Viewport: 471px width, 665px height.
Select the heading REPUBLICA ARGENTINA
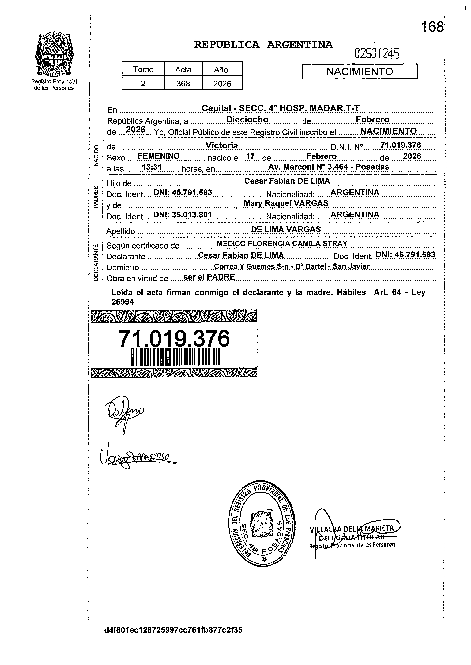(x=263, y=45)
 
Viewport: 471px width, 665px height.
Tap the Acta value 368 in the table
(x=183, y=84)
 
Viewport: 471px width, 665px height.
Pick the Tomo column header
(x=143, y=70)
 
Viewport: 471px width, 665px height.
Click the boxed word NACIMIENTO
(x=360, y=72)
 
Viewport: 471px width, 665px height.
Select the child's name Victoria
(x=222, y=145)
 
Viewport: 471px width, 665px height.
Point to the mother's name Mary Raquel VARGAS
(x=286, y=203)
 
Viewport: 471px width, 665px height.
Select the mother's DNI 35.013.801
(x=183, y=215)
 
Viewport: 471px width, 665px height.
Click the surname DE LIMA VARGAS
(x=286, y=229)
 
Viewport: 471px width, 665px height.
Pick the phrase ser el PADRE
(x=209, y=277)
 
